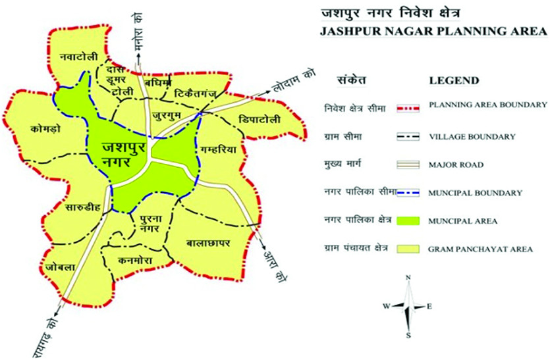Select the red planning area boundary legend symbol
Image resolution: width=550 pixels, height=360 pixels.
pyautogui.click(x=409, y=106)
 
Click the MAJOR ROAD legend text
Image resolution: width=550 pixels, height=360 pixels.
pyautogui.click(x=454, y=164)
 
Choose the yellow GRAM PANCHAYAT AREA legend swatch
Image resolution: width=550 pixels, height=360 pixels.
pyautogui.click(x=409, y=249)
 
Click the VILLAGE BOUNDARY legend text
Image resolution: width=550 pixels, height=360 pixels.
pyautogui.click(x=471, y=137)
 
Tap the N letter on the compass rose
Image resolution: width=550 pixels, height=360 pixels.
pyautogui.click(x=408, y=278)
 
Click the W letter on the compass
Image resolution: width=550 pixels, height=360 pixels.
pyautogui.click(x=386, y=306)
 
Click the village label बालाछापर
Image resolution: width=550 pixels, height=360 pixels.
pyautogui.click(x=207, y=243)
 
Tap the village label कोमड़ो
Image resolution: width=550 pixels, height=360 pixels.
pyautogui.click(x=45, y=128)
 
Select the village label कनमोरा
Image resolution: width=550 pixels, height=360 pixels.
pyautogui.click(x=136, y=261)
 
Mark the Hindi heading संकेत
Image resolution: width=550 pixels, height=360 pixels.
pyautogui.click(x=352, y=80)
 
